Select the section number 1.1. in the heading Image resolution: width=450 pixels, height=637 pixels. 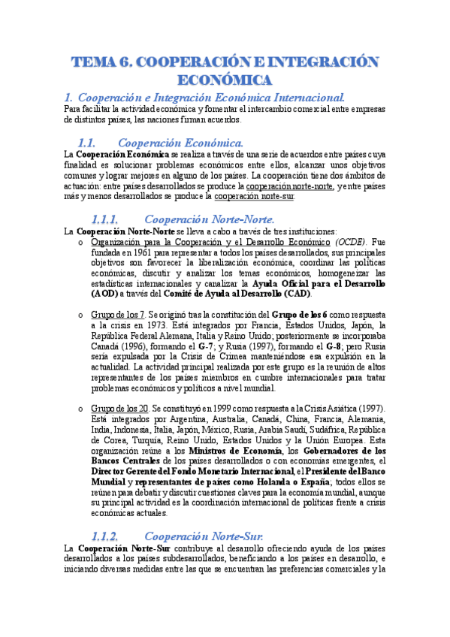(88, 143)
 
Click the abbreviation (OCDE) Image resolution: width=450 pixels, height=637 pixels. (349, 243)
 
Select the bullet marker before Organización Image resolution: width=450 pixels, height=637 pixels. (81, 243)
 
